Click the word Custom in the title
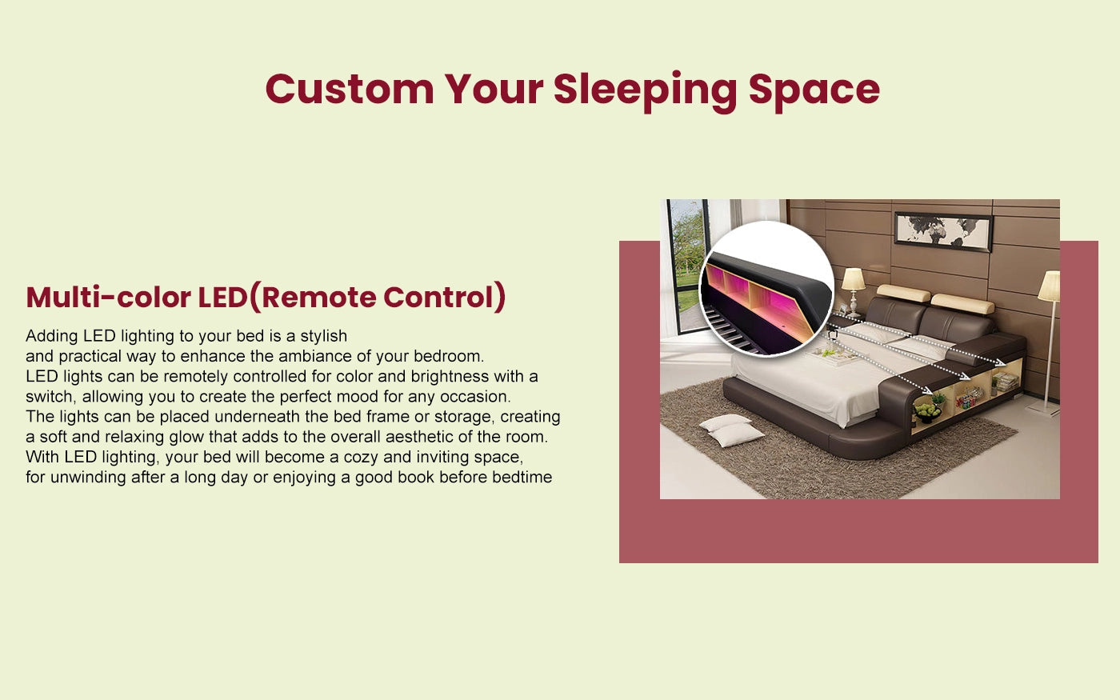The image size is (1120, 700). pos(350,89)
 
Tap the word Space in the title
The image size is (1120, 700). pos(814,90)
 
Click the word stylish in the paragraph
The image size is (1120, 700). pos(323,336)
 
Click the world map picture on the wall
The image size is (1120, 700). pos(943,231)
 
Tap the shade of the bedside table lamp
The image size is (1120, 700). pos(853,279)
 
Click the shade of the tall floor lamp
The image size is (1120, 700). pos(1050,286)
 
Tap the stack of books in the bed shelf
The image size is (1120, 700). pos(1006,382)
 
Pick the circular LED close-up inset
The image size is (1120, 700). pos(766,289)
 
